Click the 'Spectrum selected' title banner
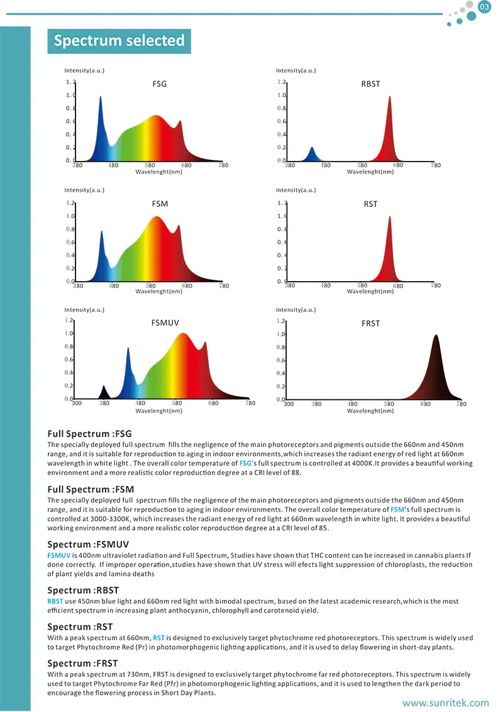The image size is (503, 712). click(119, 41)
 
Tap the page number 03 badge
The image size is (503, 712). click(485, 8)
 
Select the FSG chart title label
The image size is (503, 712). click(160, 84)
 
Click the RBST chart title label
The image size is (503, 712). click(371, 84)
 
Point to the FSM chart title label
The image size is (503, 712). click(160, 204)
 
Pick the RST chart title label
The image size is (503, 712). click(370, 204)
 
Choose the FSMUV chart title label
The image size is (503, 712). click(165, 323)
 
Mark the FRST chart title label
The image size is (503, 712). click(371, 323)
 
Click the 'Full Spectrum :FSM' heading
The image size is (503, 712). click(91, 489)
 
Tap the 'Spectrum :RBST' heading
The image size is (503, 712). click(83, 590)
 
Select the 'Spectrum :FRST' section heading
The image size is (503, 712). click(83, 663)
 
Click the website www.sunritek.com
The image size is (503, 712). click(445, 703)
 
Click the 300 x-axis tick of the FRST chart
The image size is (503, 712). click(289, 404)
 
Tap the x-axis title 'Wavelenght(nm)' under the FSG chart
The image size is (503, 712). click(159, 172)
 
